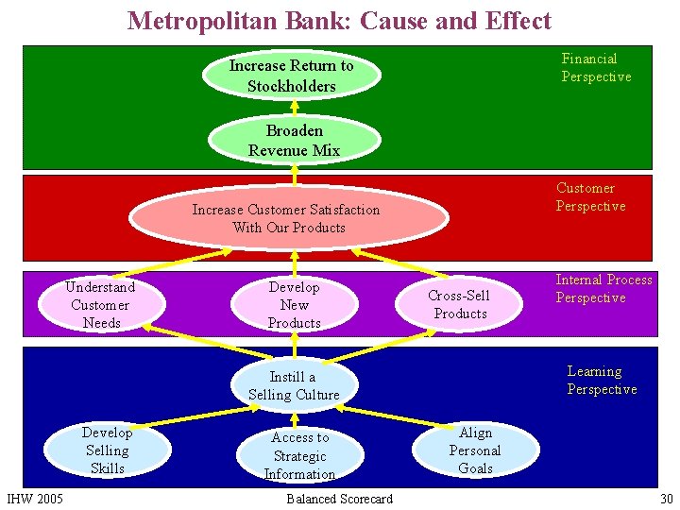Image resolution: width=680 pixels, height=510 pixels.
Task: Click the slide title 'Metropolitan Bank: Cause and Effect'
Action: (339, 20)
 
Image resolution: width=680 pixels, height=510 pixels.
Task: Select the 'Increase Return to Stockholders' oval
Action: (291, 76)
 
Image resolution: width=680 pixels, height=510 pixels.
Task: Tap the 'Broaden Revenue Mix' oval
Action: (294, 140)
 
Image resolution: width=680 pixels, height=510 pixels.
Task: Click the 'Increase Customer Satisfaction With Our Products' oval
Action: (288, 218)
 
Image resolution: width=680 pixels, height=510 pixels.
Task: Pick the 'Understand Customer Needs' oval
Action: (100, 304)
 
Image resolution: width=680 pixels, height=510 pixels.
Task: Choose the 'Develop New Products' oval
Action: (294, 304)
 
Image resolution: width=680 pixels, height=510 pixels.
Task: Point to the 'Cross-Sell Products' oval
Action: (460, 304)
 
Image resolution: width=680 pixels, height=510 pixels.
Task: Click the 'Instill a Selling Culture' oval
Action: (293, 385)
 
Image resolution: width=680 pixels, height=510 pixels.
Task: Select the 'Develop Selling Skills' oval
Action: (107, 450)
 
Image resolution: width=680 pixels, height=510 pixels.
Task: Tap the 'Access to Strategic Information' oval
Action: (299, 455)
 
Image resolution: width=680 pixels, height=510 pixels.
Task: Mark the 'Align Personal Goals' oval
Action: (475, 450)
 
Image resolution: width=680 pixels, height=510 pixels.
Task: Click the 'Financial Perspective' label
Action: (596, 67)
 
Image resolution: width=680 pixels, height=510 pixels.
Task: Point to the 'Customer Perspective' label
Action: (590, 196)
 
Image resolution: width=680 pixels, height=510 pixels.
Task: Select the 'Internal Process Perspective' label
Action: (603, 288)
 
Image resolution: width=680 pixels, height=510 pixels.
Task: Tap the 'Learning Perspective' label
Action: (602, 380)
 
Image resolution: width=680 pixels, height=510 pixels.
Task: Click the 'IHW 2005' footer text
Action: (35, 498)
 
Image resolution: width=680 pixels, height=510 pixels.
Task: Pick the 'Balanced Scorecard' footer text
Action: (339, 498)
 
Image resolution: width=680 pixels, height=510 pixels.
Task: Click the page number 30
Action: (666, 498)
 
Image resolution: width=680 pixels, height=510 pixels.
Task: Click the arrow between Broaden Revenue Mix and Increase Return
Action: (295, 107)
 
